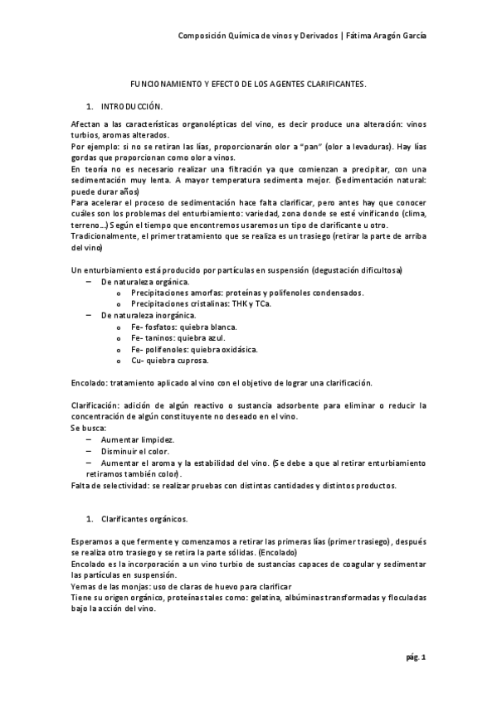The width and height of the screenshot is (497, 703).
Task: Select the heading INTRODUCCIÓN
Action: tap(132, 108)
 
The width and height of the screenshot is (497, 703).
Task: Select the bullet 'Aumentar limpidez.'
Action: tap(137, 439)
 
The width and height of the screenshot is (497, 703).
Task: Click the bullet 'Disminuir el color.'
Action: tap(137, 451)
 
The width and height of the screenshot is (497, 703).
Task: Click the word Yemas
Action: tap(85, 586)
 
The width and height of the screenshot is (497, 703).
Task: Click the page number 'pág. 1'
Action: tap(416, 658)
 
